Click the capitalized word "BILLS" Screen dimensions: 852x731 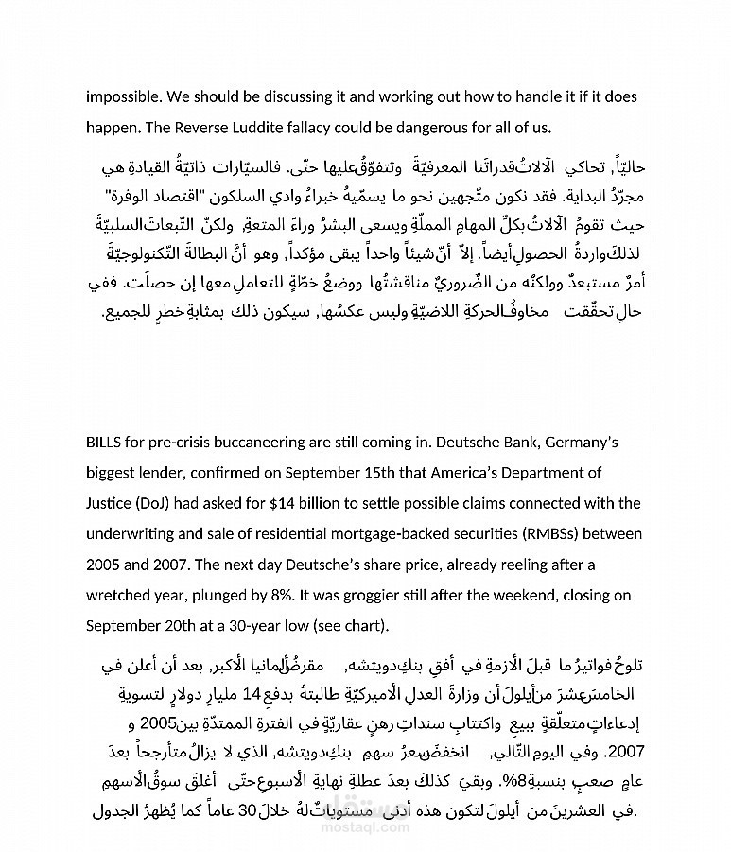(104, 443)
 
